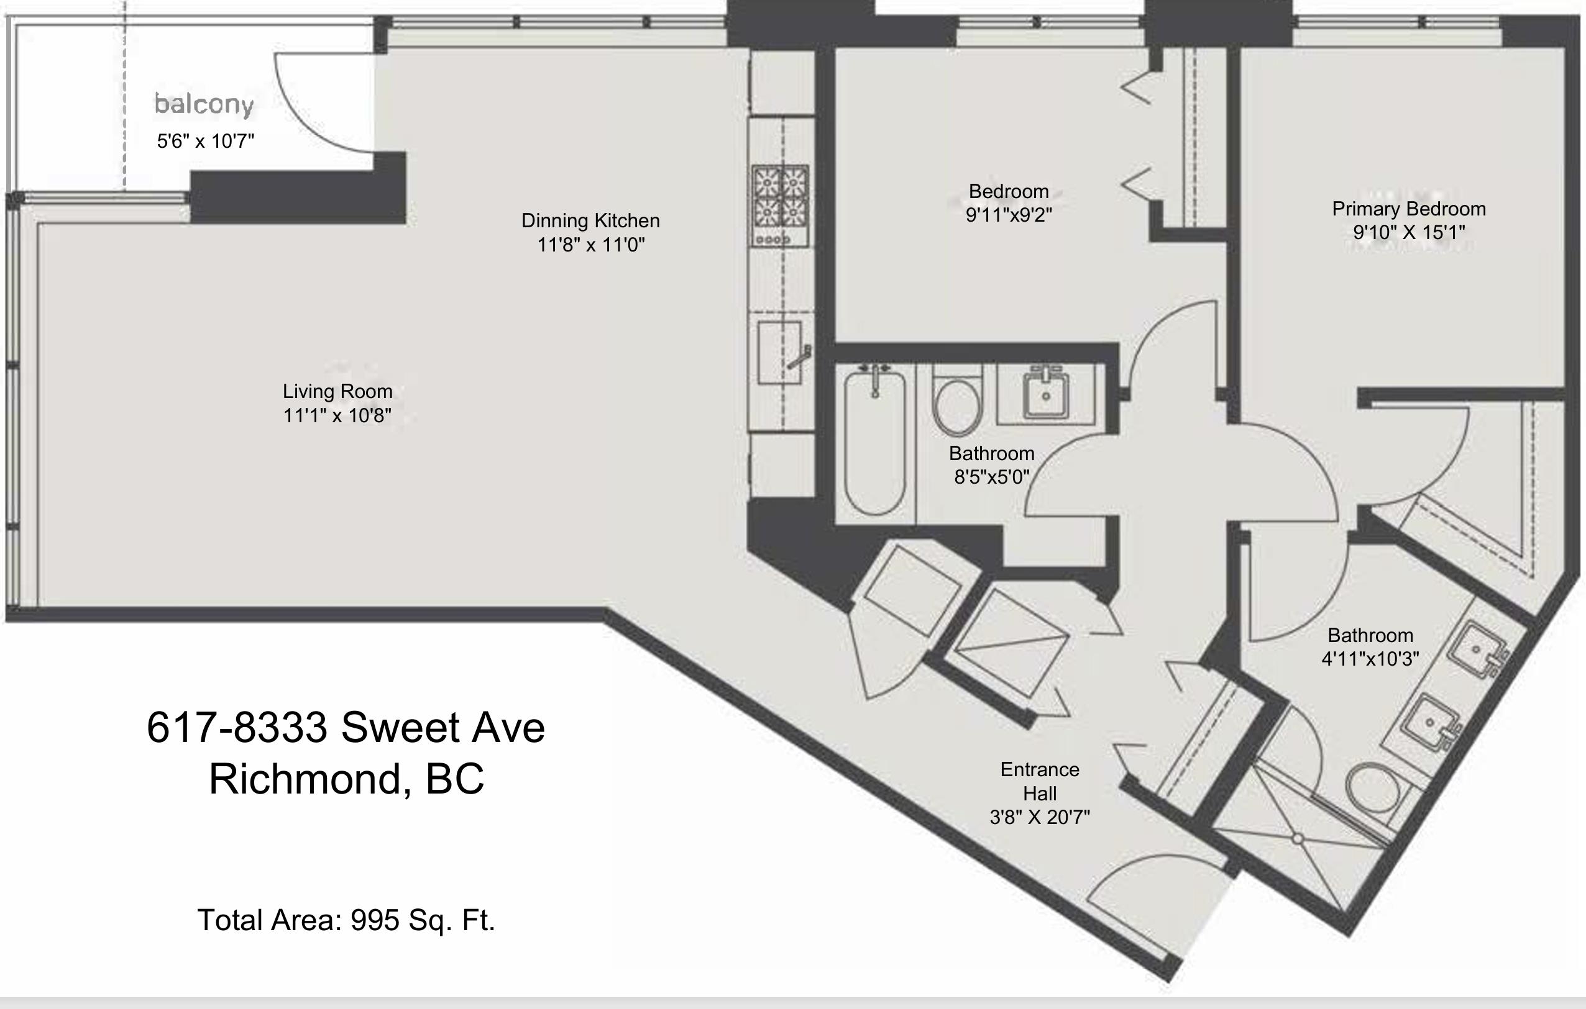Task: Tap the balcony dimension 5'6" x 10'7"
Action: point(206,141)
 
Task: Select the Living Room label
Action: point(337,392)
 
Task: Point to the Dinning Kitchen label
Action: point(590,221)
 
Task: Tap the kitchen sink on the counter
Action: point(779,353)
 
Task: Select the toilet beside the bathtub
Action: point(957,405)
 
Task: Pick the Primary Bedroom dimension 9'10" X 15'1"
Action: point(1409,232)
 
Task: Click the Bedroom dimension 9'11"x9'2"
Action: point(1009,215)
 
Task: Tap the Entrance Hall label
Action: point(1039,781)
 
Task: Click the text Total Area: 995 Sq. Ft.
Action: point(346,920)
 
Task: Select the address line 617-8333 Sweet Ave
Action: point(346,728)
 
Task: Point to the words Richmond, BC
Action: point(346,779)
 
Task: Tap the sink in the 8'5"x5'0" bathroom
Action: point(1045,395)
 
